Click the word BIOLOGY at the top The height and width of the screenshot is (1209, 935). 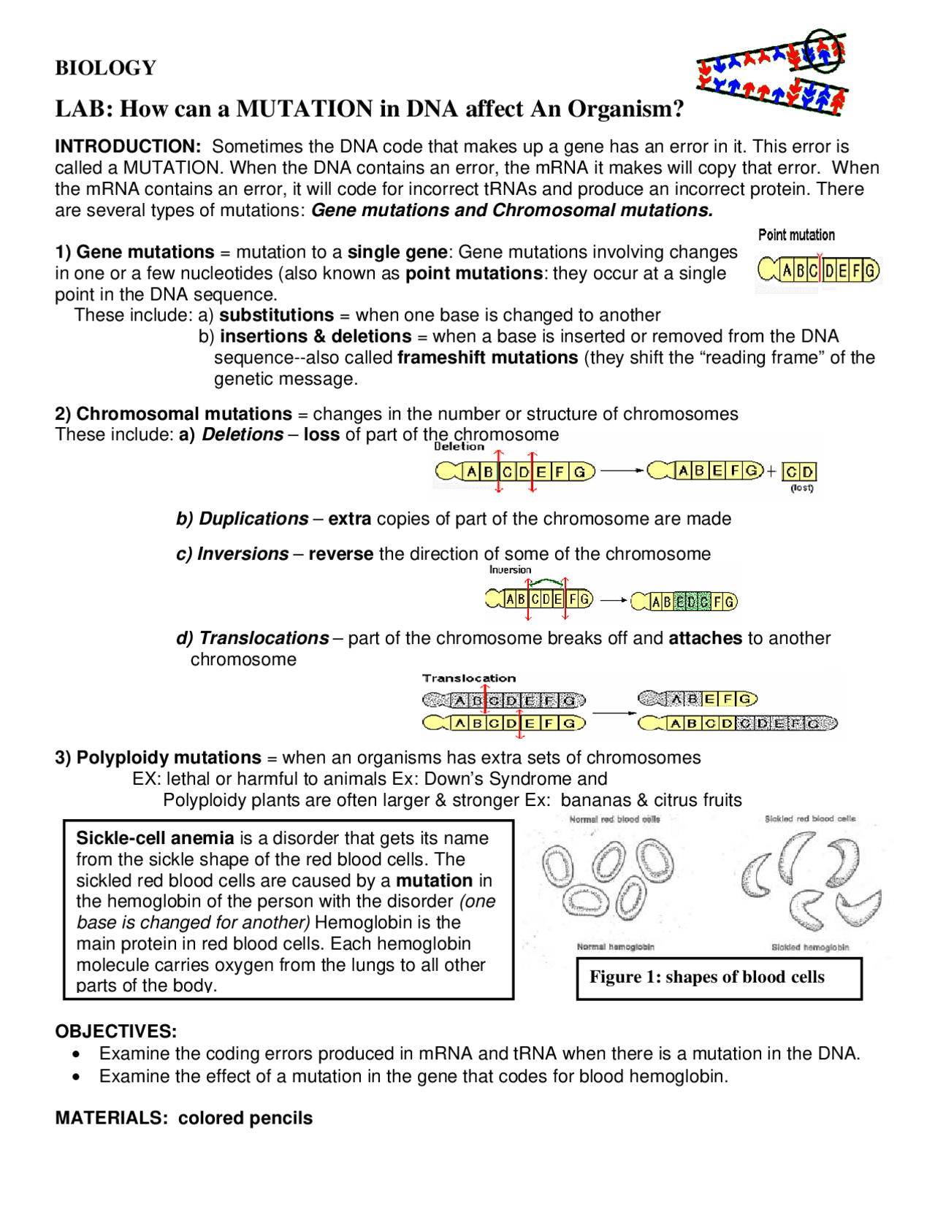(105, 68)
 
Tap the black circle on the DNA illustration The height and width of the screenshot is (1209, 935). (823, 50)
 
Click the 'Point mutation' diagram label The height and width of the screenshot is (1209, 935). (796, 235)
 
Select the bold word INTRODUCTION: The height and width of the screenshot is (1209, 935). (128, 147)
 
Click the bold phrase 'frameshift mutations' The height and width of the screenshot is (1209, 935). (487, 358)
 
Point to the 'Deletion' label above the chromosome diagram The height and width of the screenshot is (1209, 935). (459, 447)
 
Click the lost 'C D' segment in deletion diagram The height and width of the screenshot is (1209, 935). (798, 472)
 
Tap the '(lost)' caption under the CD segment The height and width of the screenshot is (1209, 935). (801, 488)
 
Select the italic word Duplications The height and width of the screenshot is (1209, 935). (253, 519)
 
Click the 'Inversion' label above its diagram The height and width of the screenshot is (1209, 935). (510, 570)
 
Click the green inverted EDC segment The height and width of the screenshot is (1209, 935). (692, 602)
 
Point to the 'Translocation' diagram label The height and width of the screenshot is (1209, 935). (468, 678)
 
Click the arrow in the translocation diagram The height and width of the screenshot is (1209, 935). (614, 713)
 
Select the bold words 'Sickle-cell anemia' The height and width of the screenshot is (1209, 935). (155, 838)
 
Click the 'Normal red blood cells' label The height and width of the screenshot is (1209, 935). (614, 819)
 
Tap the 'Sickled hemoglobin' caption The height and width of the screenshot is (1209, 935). (810, 947)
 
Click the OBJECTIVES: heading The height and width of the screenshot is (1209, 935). (115, 1032)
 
